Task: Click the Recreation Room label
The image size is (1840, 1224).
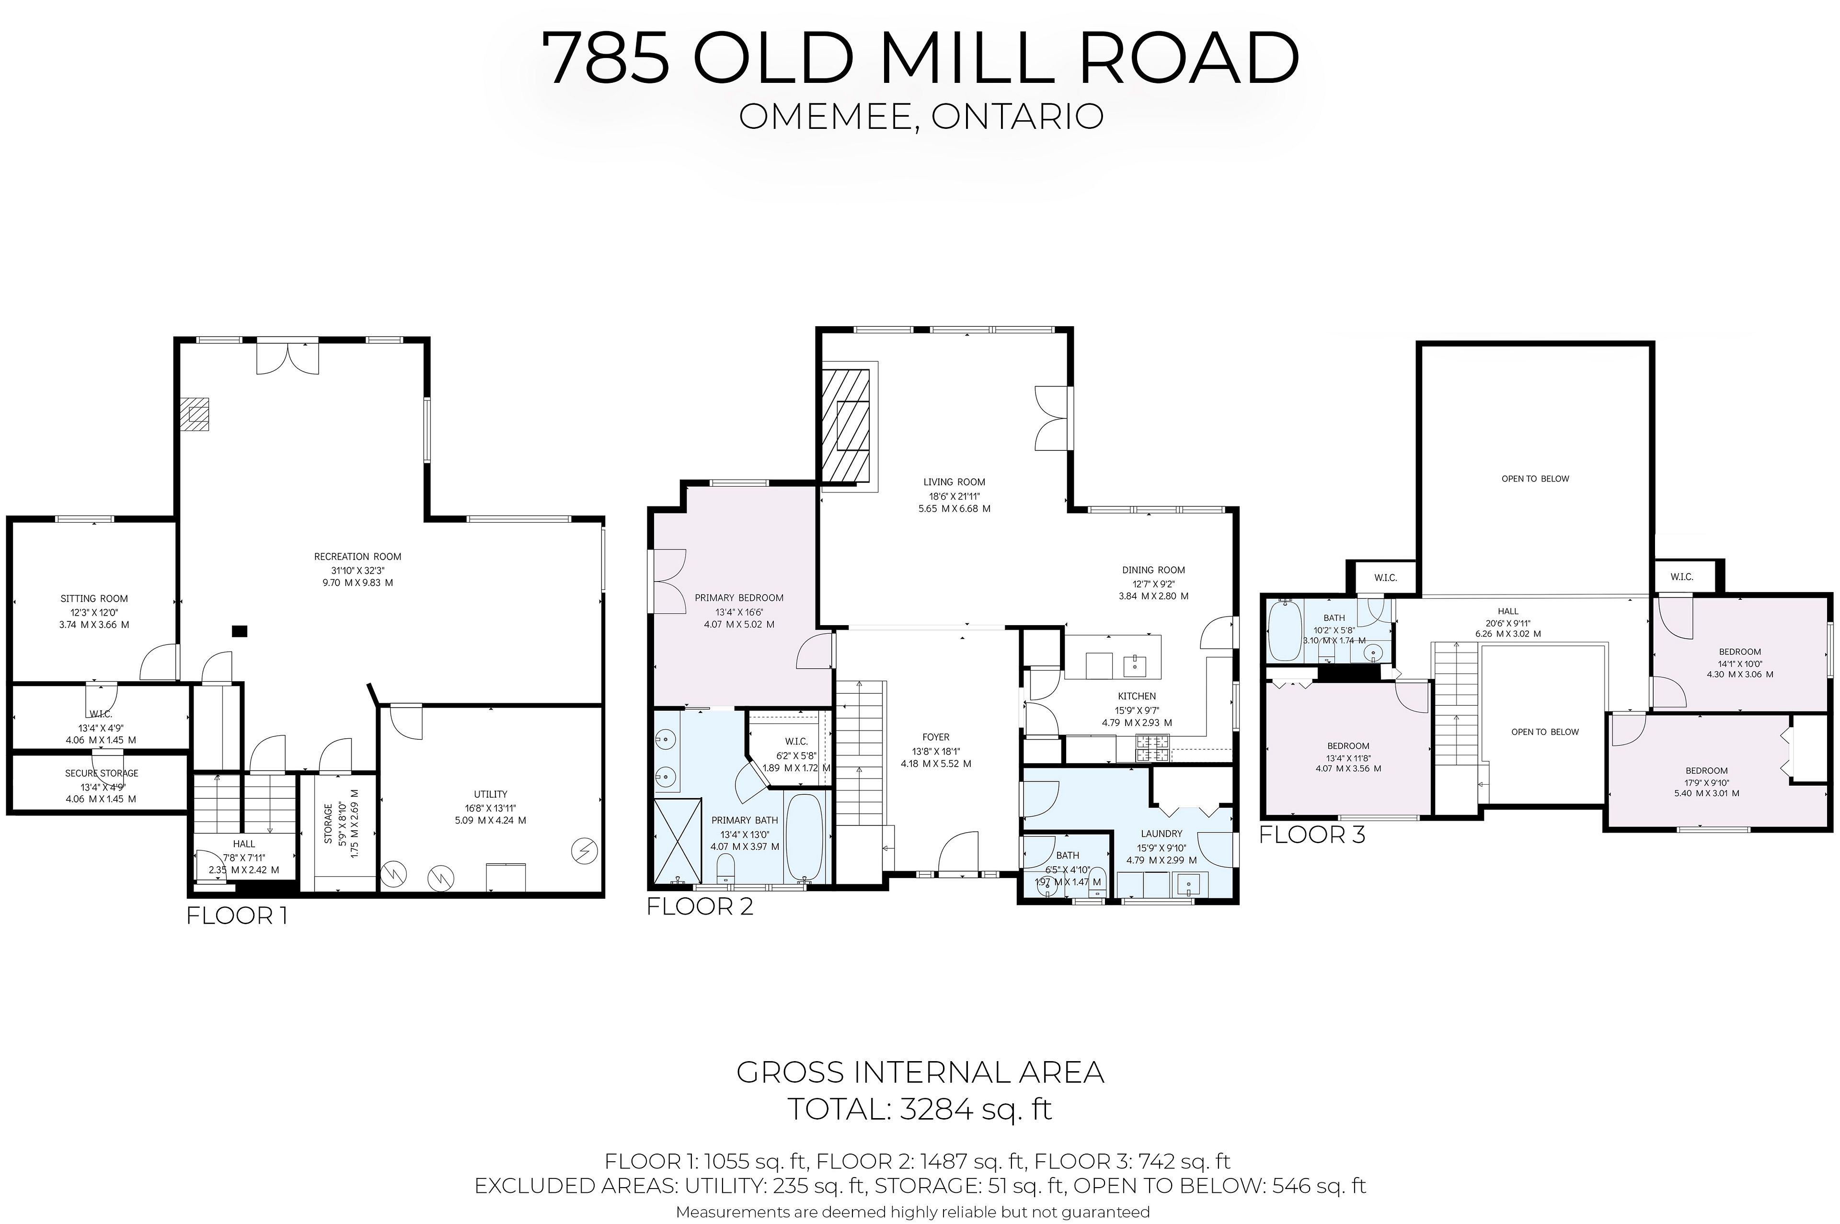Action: tap(357, 557)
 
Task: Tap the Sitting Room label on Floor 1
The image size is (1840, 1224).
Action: tap(94, 599)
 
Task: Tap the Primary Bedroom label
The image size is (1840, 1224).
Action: tap(739, 598)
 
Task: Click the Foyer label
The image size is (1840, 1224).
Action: tap(936, 737)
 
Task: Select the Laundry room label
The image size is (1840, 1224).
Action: tap(1161, 834)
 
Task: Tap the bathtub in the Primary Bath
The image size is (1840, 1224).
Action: tap(804, 837)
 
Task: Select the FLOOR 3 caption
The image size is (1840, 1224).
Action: tap(1312, 835)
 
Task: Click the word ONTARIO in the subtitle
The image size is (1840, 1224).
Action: tap(1017, 116)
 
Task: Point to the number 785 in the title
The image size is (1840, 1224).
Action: tap(606, 58)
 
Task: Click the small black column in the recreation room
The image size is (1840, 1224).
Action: tap(241, 631)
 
